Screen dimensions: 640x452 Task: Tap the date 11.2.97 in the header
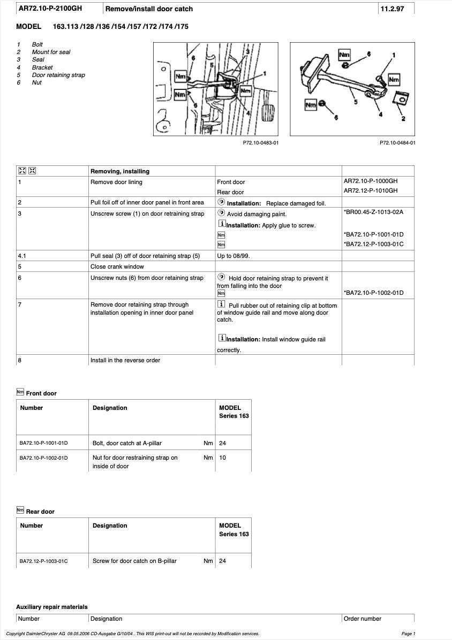coord(392,9)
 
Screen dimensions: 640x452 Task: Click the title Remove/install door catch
coord(149,9)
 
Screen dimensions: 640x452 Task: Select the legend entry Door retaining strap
coord(58,75)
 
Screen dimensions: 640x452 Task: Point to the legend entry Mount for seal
coord(51,52)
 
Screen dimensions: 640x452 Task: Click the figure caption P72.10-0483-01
coord(261,143)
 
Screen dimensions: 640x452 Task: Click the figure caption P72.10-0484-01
coord(397,143)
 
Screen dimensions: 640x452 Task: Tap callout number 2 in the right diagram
coord(403,119)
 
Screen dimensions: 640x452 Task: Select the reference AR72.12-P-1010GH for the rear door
coord(371,191)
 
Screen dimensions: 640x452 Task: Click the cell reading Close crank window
coord(117,266)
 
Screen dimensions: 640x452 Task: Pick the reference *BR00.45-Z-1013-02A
coord(373,212)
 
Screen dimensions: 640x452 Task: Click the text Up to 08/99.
coord(233,256)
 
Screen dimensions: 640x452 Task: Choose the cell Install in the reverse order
coord(125,361)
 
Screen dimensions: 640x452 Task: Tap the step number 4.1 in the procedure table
coord(22,256)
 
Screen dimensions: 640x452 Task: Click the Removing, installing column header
coord(120,172)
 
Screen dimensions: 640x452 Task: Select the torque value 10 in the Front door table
coord(223,458)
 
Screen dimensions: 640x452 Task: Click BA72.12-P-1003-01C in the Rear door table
coord(44,561)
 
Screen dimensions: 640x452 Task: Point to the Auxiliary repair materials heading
coord(52,607)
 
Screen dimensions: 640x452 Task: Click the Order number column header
coord(363,619)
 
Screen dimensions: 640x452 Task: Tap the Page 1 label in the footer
coord(408,634)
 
